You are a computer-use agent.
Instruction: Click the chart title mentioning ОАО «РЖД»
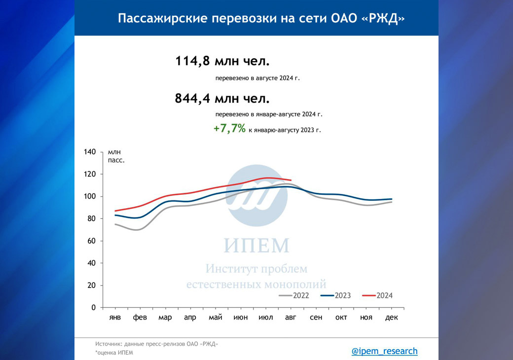point(256,18)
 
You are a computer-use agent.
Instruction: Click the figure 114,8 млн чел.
point(222,62)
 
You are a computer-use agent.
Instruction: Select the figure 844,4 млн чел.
point(222,99)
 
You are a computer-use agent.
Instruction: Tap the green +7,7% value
point(229,129)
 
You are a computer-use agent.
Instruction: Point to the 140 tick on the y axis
point(89,152)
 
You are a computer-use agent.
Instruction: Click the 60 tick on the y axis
point(91,241)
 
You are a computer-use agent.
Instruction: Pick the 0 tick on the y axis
point(93,308)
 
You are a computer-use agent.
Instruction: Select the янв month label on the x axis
point(114,318)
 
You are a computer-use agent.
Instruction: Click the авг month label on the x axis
point(291,318)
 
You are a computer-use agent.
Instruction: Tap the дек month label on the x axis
point(392,318)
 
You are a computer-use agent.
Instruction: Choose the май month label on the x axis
point(215,318)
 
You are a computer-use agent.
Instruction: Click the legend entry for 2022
point(294,296)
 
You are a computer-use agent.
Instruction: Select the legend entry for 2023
point(335,296)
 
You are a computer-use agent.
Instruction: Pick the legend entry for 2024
point(377,296)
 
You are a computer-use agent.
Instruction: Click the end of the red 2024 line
point(291,180)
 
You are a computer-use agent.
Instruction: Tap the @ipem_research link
point(384,351)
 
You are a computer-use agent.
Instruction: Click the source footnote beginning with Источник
point(156,344)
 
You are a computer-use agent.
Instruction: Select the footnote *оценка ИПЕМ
point(114,353)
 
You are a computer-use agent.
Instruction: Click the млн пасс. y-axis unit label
point(116,156)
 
